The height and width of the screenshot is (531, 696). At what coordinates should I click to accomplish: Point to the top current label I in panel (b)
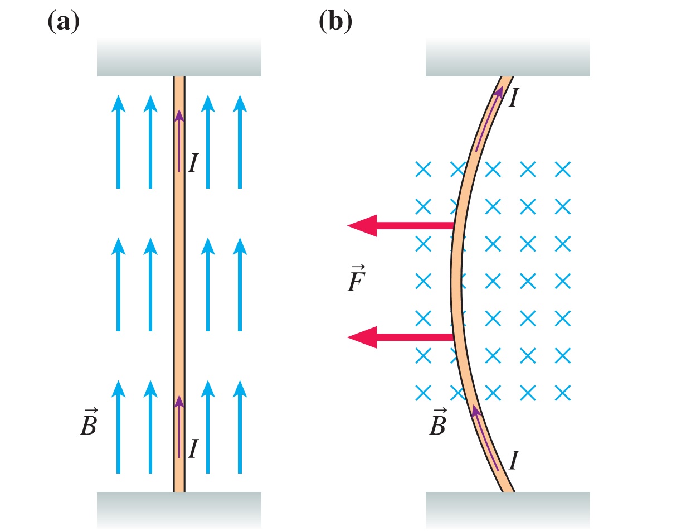tap(514, 96)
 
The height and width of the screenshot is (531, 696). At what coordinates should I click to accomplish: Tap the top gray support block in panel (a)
tap(179, 58)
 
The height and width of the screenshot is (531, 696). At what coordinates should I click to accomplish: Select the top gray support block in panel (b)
tap(508, 58)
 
